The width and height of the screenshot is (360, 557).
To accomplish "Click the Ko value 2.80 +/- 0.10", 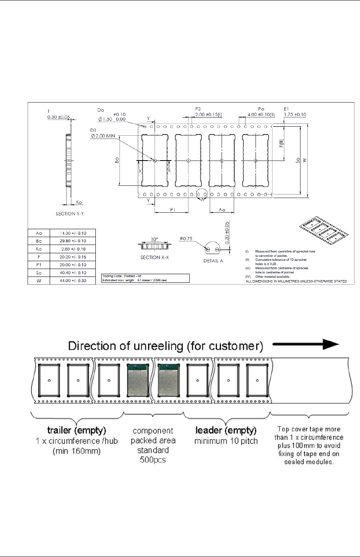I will (x=73, y=249).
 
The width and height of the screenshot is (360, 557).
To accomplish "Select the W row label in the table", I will (x=39, y=280).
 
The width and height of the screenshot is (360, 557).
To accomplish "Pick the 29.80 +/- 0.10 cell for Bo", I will (x=73, y=241).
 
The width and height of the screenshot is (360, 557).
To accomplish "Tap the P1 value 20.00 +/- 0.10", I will (x=73, y=265).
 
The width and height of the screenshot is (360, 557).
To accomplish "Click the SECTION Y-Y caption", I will (x=70, y=214).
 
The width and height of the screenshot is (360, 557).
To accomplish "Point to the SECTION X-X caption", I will (x=155, y=257).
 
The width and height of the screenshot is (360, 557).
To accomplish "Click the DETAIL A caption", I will (x=213, y=261).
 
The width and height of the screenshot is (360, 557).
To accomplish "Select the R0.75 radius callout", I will (x=186, y=239).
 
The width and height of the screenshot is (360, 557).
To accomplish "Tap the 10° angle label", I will (x=154, y=239).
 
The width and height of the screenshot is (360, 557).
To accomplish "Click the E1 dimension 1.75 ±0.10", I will (x=295, y=114).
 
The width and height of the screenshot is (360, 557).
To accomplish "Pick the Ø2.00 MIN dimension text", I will (x=103, y=136).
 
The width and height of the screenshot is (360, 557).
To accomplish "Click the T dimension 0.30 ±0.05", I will (x=58, y=117).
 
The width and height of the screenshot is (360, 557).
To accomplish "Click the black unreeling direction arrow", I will (x=306, y=344).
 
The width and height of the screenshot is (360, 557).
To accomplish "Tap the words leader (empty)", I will (x=226, y=430).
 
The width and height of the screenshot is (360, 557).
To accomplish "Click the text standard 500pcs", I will (x=153, y=455).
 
